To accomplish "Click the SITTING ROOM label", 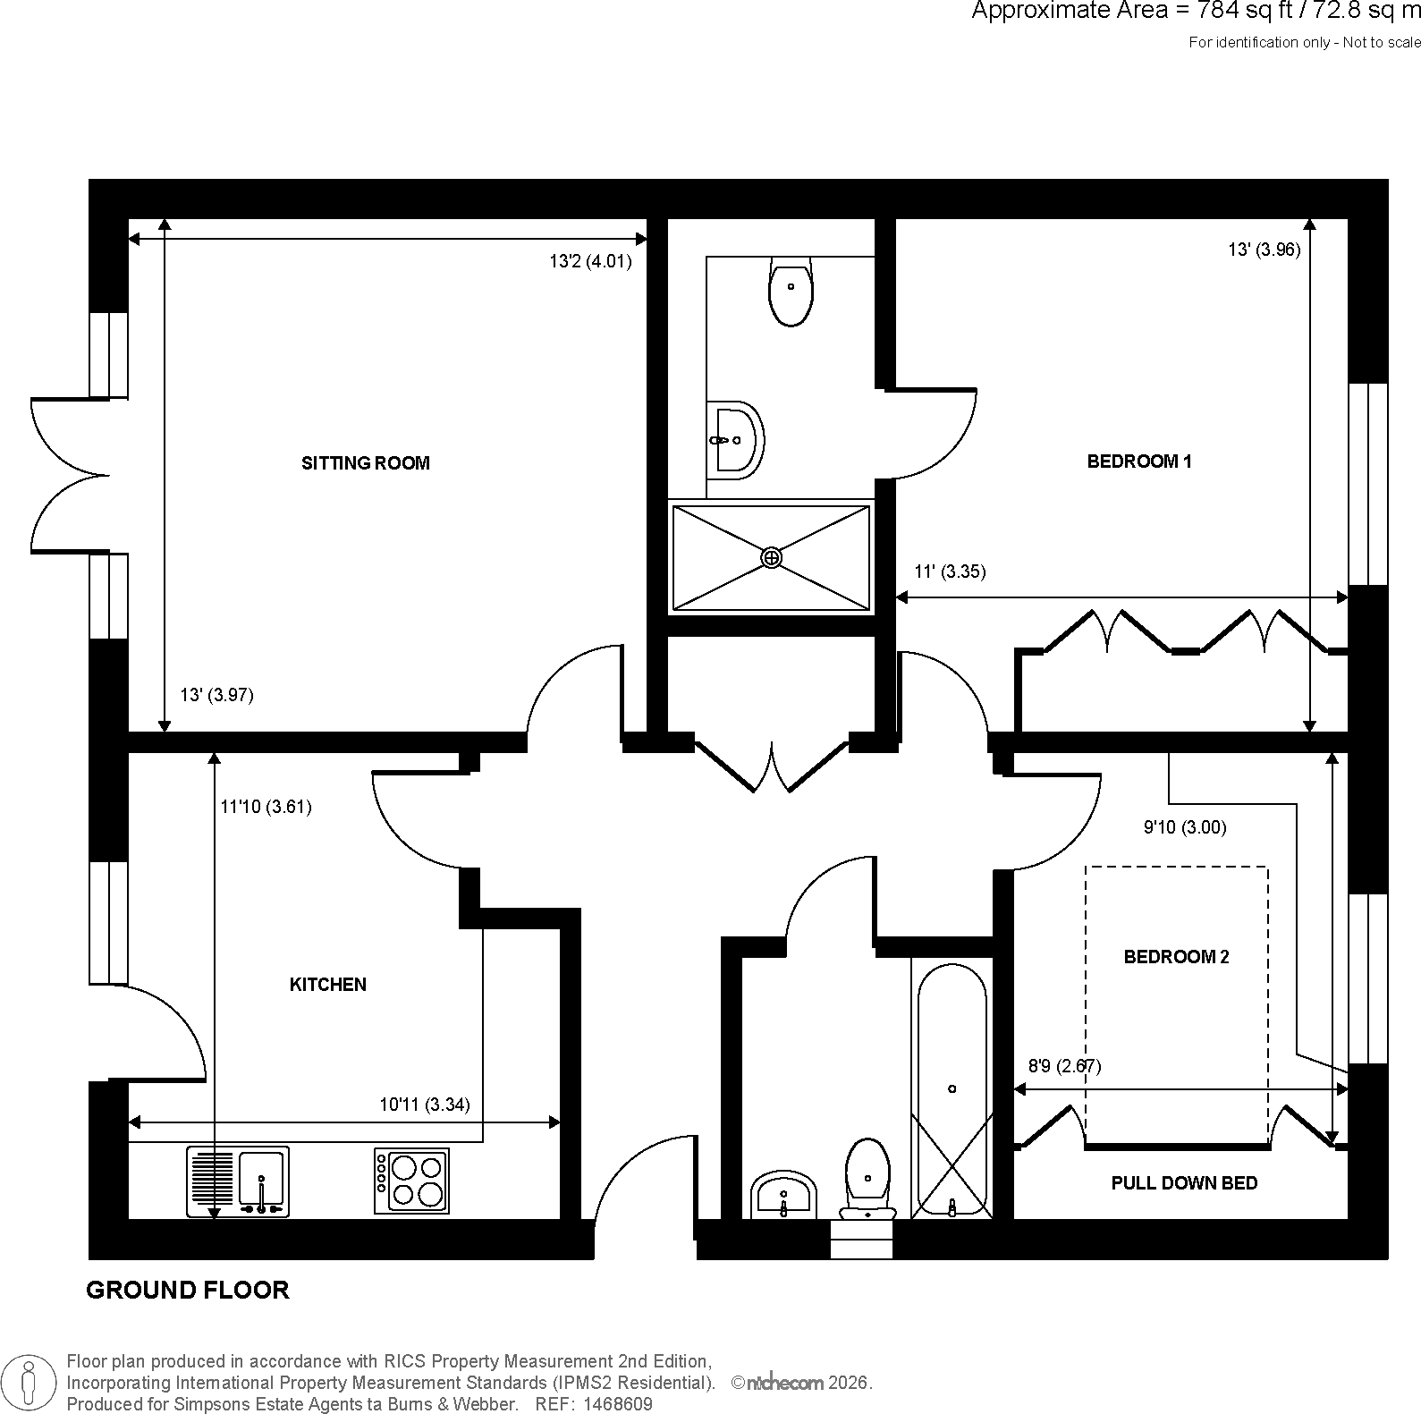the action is [x=365, y=463].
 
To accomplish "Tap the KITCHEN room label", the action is [x=328, y=985].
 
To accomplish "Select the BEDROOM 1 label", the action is [x=1139, y=461].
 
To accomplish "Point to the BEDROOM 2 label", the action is [x=1176, y=957].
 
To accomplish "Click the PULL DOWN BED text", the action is [x=1184, y=1183].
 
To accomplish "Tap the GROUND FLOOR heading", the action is [x=188, y=1290].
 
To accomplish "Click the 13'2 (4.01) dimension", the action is [x=590, y=262].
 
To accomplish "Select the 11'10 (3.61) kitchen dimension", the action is [x=266, y=807].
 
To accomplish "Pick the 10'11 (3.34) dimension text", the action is [x=425, y=1105].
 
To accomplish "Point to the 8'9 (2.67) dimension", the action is [x=1064, y=1066].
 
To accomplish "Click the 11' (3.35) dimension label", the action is [x=950, y=572].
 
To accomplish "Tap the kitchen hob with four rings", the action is [x=411, y=1181].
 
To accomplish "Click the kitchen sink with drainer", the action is [x=238, y=1181].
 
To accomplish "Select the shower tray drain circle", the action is [x=771, y=558].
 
